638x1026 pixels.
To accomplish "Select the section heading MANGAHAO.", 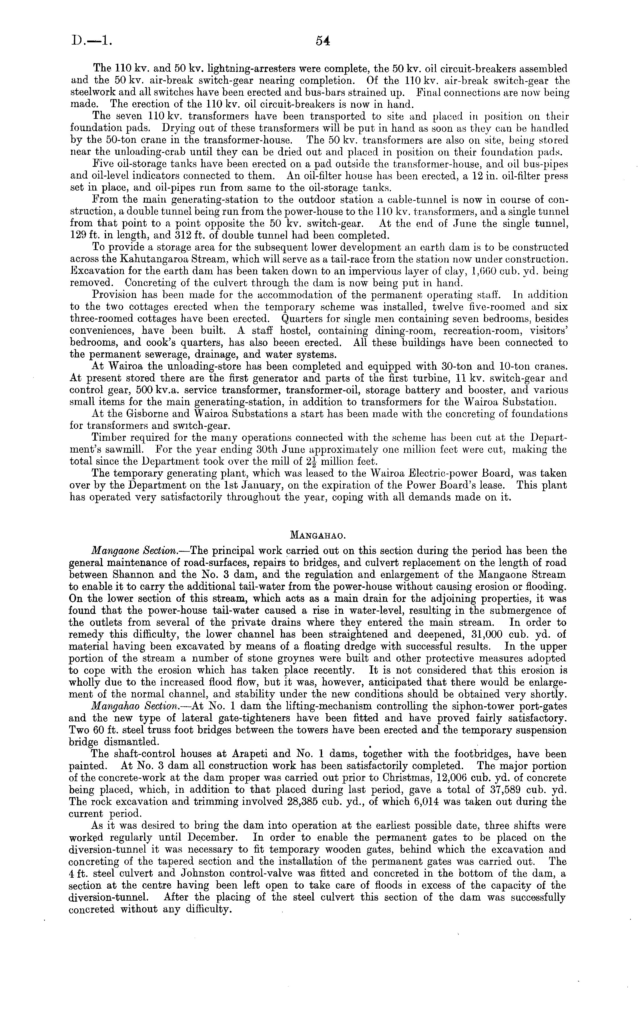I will coord(319,536).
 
